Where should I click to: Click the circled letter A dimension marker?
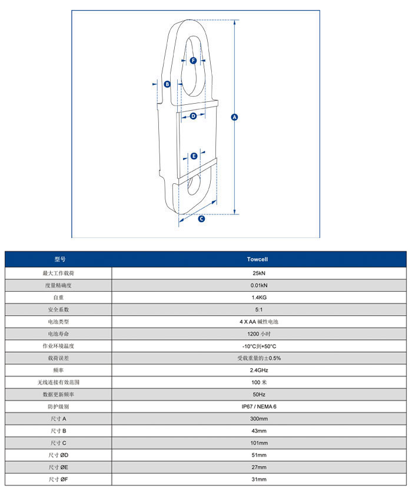point(234,117)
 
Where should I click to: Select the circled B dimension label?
point(167,84)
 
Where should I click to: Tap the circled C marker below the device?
point(201,219)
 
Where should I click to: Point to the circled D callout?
point(193,116)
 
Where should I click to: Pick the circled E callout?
point(194,156)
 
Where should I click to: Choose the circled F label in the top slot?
point(193,61)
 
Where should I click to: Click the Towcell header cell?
point(258,259)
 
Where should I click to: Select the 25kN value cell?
point(258,273)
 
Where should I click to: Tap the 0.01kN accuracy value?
point(258,285)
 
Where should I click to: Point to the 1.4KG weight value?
point(258,298)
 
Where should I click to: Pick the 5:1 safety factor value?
point(258,309)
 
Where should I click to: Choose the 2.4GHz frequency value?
point(258,370)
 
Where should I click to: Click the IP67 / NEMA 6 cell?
point(258,407)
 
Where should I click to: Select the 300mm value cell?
point(258,419)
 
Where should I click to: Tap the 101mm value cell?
point(258,443)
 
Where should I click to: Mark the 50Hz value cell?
point(258,394)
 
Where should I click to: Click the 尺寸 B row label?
point(58,431)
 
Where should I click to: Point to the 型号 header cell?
point(58,259)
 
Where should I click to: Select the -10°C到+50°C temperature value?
point(258,346)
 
